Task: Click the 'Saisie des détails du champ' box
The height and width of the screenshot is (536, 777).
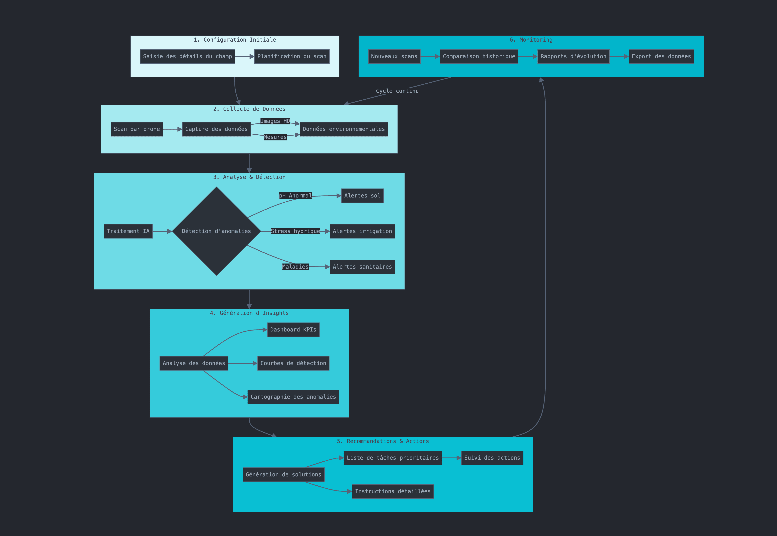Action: [x=187, y=56]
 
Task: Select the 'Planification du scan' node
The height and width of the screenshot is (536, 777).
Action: [x=292, y=56]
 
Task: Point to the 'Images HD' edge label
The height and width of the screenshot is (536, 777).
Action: [x=275, y=121]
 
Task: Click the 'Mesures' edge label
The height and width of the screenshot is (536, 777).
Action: [x=275, y=137]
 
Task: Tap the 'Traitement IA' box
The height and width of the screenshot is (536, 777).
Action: [x=128, y=231]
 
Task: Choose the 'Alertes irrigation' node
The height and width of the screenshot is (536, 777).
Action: [x=362, y=231]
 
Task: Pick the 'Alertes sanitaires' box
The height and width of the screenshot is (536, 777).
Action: [x=362, y=267]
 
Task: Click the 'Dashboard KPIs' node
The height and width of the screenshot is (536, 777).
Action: [x=293, y=330]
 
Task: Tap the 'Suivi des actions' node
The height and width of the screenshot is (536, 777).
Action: [x=492, y=458]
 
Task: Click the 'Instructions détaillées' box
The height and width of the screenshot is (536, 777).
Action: [x=393, y=491]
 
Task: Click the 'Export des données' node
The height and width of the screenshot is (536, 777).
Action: [x=661, y=56]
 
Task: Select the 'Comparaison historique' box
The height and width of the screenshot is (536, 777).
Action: [x=479, y=56]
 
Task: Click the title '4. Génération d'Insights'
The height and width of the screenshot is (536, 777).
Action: [x=249, y=313]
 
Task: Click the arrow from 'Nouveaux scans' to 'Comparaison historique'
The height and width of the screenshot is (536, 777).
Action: [x=430, y=56]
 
